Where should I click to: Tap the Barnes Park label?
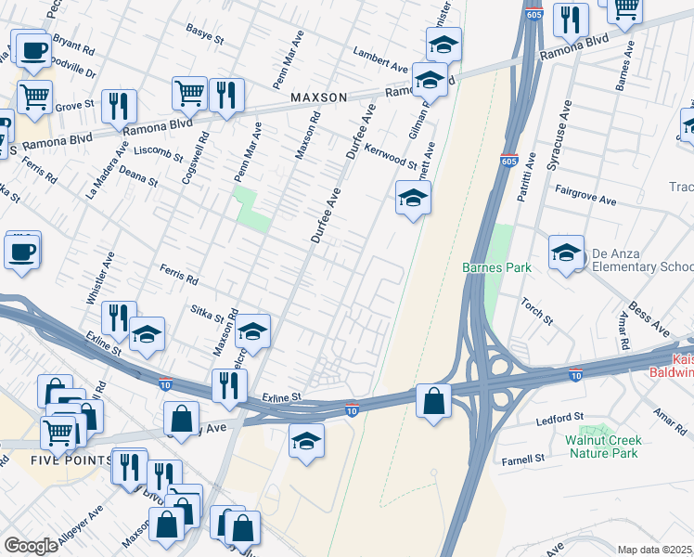point(497,267)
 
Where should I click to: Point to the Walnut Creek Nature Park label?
point(602,447)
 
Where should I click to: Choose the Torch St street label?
point(536,312)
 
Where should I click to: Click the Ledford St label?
point(559,419)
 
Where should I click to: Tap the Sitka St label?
point(209,315)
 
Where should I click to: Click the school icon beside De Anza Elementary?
point(566,253)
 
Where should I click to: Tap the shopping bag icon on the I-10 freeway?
point(433,401)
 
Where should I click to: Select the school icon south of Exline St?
point(306,442)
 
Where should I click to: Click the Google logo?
point(31,546)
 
